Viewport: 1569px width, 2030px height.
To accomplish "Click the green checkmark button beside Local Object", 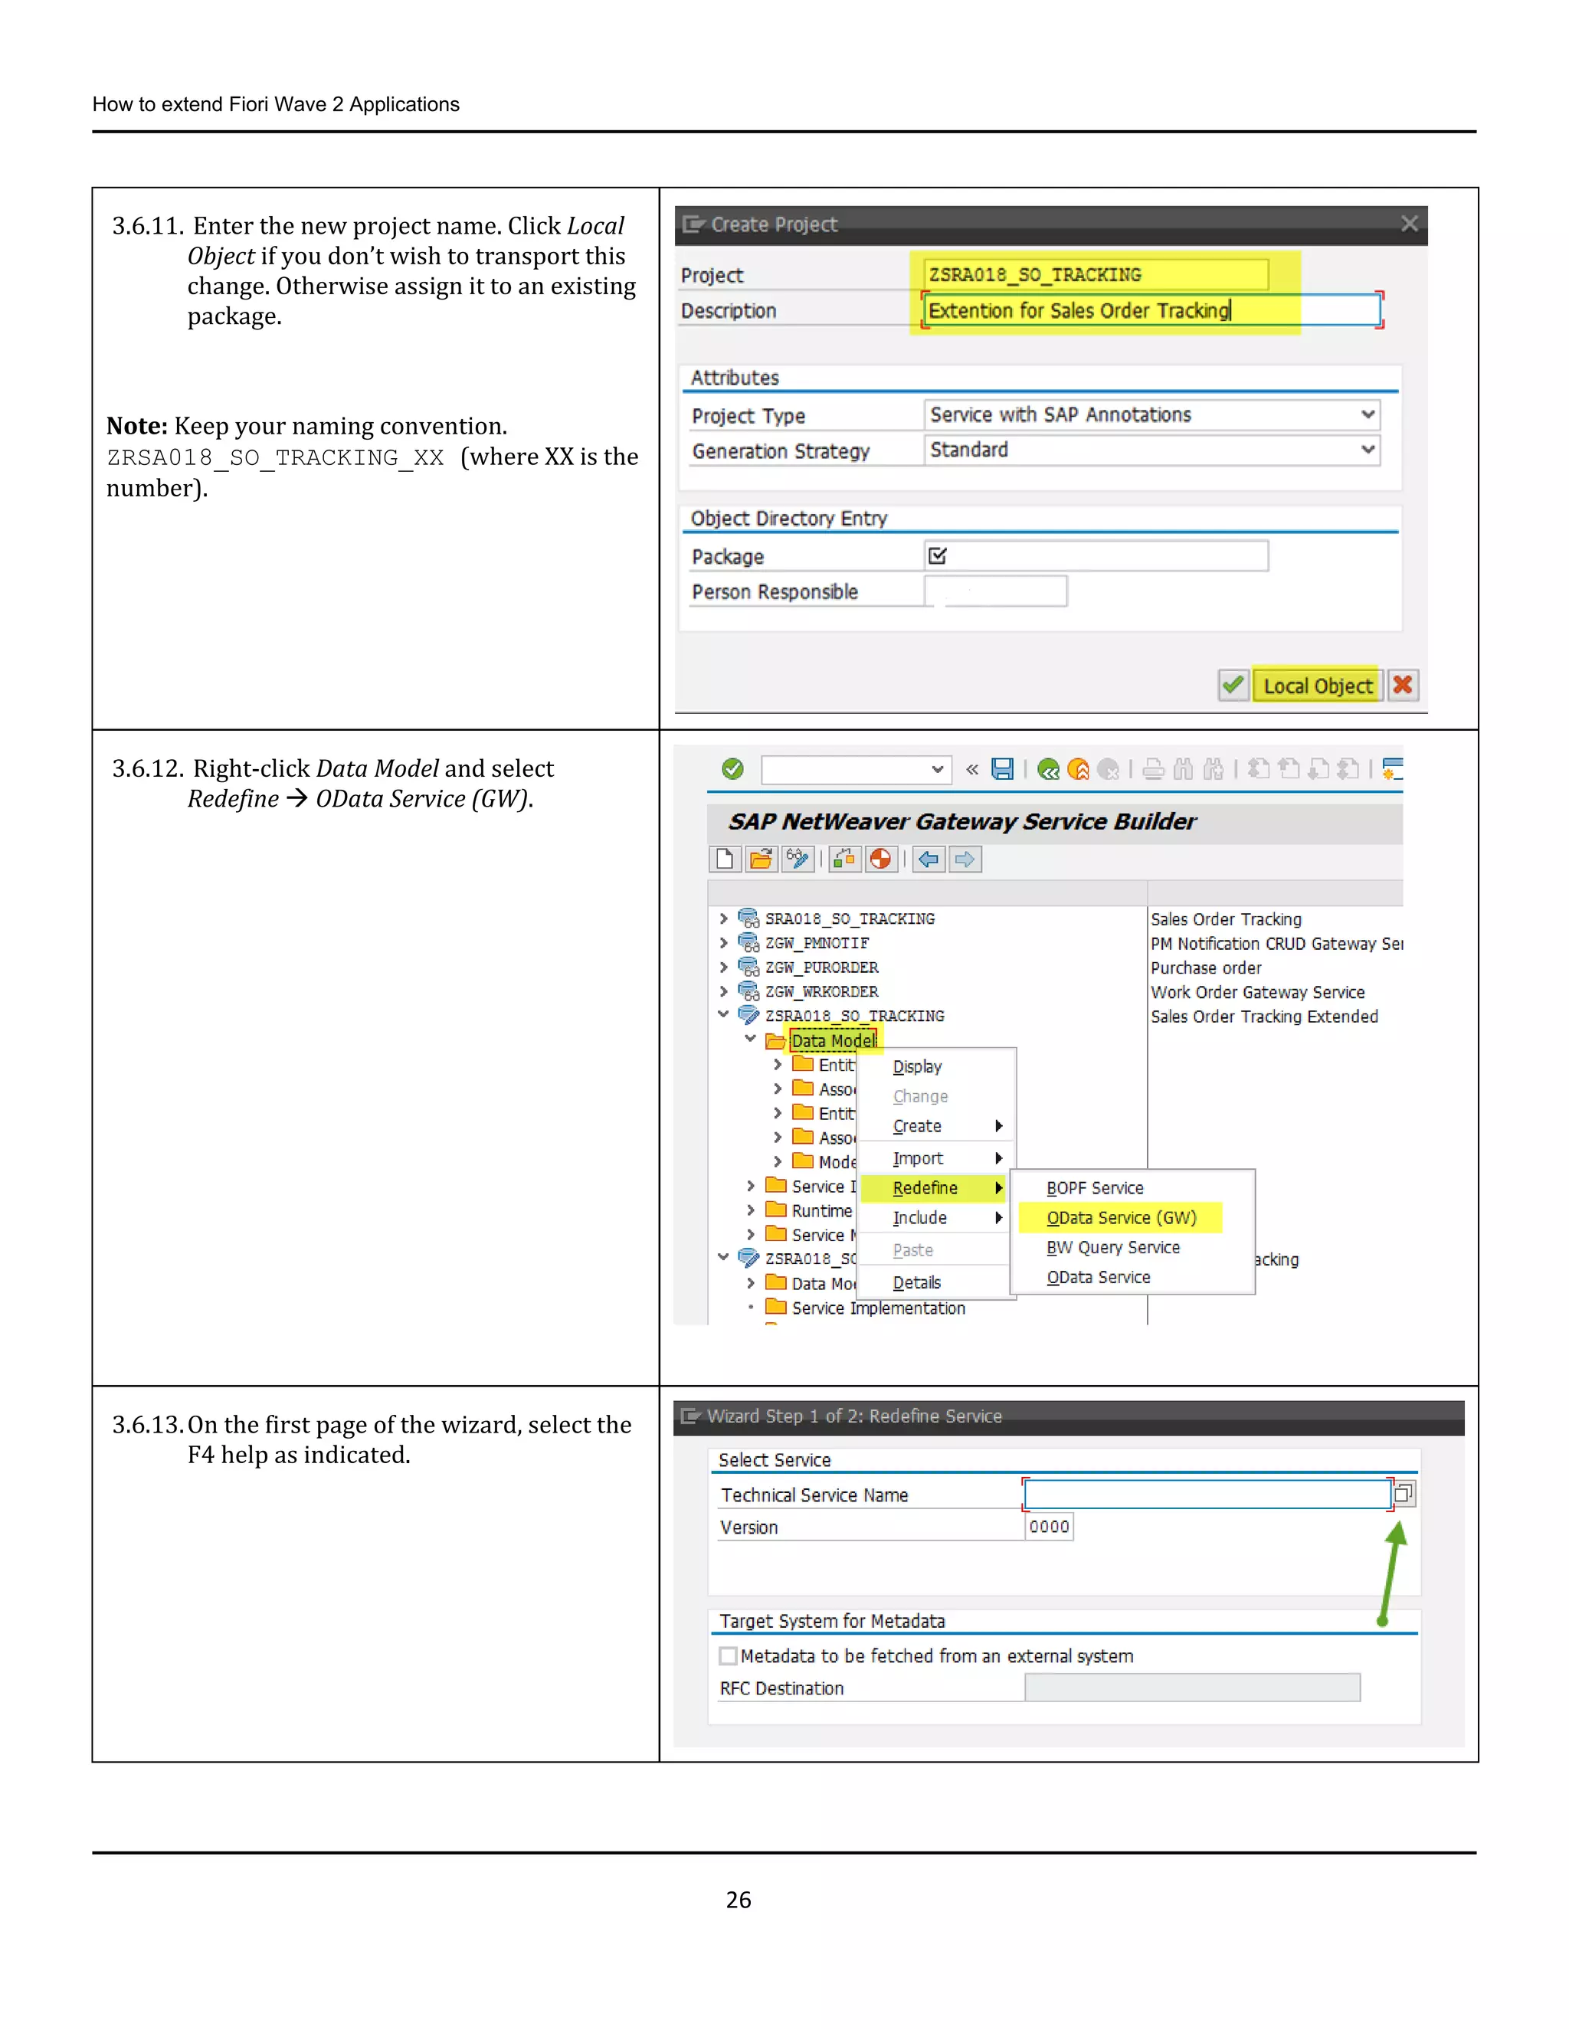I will (1233, 686).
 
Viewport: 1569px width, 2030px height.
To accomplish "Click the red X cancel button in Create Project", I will (1402, 686).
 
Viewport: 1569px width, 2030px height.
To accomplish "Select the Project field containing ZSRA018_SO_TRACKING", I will (1095, 275).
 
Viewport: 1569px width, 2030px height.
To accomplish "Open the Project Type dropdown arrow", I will (1368, 414).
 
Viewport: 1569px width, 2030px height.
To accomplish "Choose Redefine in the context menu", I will (925, 1188).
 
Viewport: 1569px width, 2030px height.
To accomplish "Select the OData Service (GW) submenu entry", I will (1120, 1218).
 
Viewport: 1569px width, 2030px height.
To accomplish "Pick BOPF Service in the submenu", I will (1094, 1188).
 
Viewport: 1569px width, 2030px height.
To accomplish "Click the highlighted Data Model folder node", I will (833, 1041).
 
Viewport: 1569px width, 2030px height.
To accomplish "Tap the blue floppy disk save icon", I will (1002, 768).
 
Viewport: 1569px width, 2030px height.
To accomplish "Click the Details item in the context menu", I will (916, 1282).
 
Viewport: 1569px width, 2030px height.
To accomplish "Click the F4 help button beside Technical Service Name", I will (1404, 1494).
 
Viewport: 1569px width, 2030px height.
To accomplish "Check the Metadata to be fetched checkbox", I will (729, 1656).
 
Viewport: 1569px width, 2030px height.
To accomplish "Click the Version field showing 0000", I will (1049, 1527).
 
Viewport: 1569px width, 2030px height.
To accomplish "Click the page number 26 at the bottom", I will (738, 1900).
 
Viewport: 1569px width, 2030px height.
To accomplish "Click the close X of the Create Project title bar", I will (1409, 224).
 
